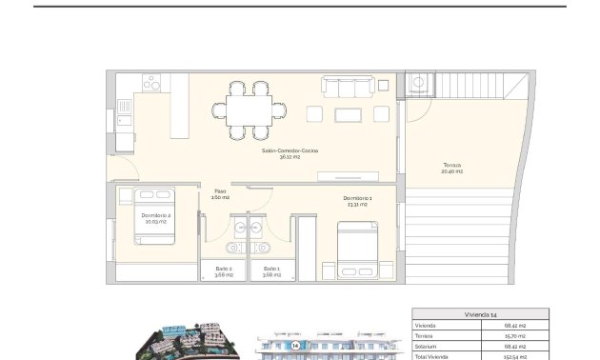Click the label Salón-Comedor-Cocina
[x=291, y=150]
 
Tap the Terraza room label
[x=452, y=165]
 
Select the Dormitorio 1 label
[x=358, y=198]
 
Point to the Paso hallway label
[x=220, y=190]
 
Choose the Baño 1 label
[x=271, y=269]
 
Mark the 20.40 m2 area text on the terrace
[x=452, y=171]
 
